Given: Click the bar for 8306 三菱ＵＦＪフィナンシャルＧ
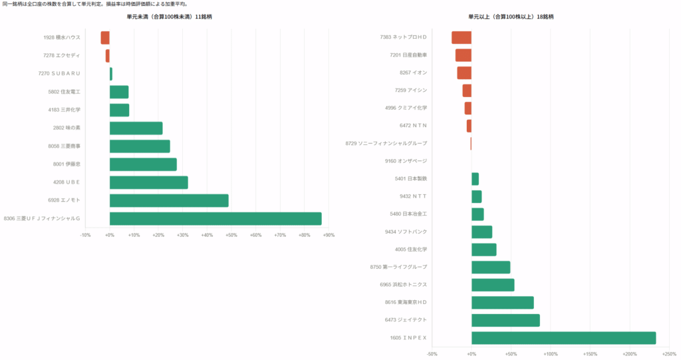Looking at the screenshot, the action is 215,219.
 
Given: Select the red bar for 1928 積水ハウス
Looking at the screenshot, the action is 105,38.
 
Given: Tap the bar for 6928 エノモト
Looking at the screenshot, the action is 169,200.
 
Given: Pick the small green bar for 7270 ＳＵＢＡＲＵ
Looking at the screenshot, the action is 111,74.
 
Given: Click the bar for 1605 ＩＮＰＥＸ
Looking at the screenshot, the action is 564,338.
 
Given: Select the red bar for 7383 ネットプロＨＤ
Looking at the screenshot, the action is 462,37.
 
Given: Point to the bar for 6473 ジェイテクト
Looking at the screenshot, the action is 505,320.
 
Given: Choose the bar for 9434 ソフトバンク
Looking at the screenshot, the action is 481,232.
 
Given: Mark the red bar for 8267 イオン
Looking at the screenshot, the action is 464,73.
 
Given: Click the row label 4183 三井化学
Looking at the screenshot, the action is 65,110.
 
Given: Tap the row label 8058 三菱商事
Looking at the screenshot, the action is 65,146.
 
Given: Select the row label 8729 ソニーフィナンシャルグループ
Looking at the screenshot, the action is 386,143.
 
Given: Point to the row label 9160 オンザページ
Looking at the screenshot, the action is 406,161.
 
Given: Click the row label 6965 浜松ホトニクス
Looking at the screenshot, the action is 404,284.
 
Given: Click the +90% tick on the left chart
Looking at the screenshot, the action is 329,235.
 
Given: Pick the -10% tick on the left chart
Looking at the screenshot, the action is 85,235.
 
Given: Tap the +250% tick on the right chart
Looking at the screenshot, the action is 669,355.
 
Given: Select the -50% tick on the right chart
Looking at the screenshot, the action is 432,355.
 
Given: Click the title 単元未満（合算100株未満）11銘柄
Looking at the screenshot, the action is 170,17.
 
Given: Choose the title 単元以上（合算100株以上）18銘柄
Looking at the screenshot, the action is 511,17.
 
